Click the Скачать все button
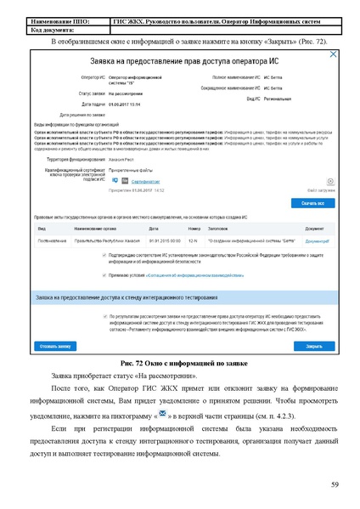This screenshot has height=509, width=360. [x=313, y=204]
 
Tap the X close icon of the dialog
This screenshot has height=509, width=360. [x=333, y=54]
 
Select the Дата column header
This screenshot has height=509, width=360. [x=154, y=229]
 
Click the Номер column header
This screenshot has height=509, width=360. [x=194, y=229]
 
